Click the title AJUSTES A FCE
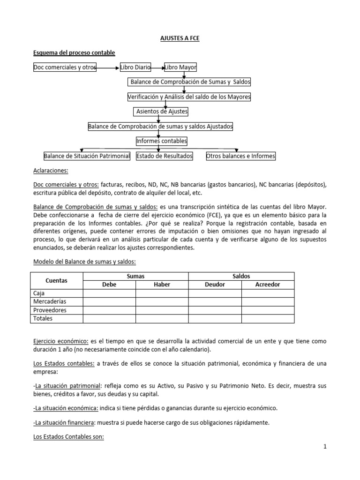180,38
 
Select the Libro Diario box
135,67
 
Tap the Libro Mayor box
180,67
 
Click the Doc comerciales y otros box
65,67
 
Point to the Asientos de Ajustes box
161,112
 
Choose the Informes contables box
161,141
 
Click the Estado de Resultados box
165,156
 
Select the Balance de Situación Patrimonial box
87,156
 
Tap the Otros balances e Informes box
241,156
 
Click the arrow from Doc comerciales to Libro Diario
108,68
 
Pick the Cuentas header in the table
57,280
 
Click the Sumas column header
135,276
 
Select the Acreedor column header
268,285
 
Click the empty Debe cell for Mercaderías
109,302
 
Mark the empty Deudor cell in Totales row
215,319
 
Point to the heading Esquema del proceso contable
74,52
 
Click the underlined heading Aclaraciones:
51,171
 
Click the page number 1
324,447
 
